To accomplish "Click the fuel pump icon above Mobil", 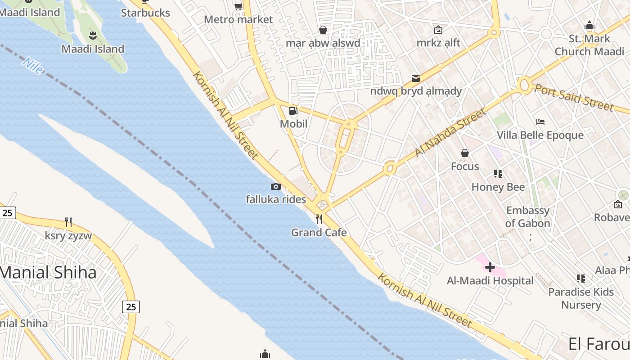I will pyautogui.click(x=293, y=111).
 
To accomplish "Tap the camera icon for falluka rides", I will pyautogui.click(x=276, y=186).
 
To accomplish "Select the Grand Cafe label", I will pyautogui.click(x=319, y=233).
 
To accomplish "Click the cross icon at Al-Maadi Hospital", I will pyautogui.click(x=490, y=268).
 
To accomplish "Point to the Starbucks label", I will pyautogui.click(x=145, y=13).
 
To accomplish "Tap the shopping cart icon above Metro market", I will pyautogui.click(x=238, y=6).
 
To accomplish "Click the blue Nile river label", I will pyautogui.click(x=33, y=66).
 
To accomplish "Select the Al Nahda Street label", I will pyautogui.click(x=450, y=133).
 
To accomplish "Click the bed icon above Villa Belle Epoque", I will pyautogui.click(x=540, y=122).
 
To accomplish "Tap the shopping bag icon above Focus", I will pyautogui.click(x=465, y=153).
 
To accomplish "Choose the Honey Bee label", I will pyautogui.click(x=498, y=187).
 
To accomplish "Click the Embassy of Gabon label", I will pyautogui.click(x=527, y=217).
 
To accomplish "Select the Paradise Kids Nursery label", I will pyautogui.click(x=581, y=298).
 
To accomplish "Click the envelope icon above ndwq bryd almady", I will pyautogui.click(x=416, y=79).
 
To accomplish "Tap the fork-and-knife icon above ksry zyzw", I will pyautogui.click(x=68, y=222).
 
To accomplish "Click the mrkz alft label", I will pyautogui.click(x=438, y=43).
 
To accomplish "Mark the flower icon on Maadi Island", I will pyautogui.click(x=93, y=35).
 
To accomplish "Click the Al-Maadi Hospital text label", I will pyautogui.click(x=490, y=281).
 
